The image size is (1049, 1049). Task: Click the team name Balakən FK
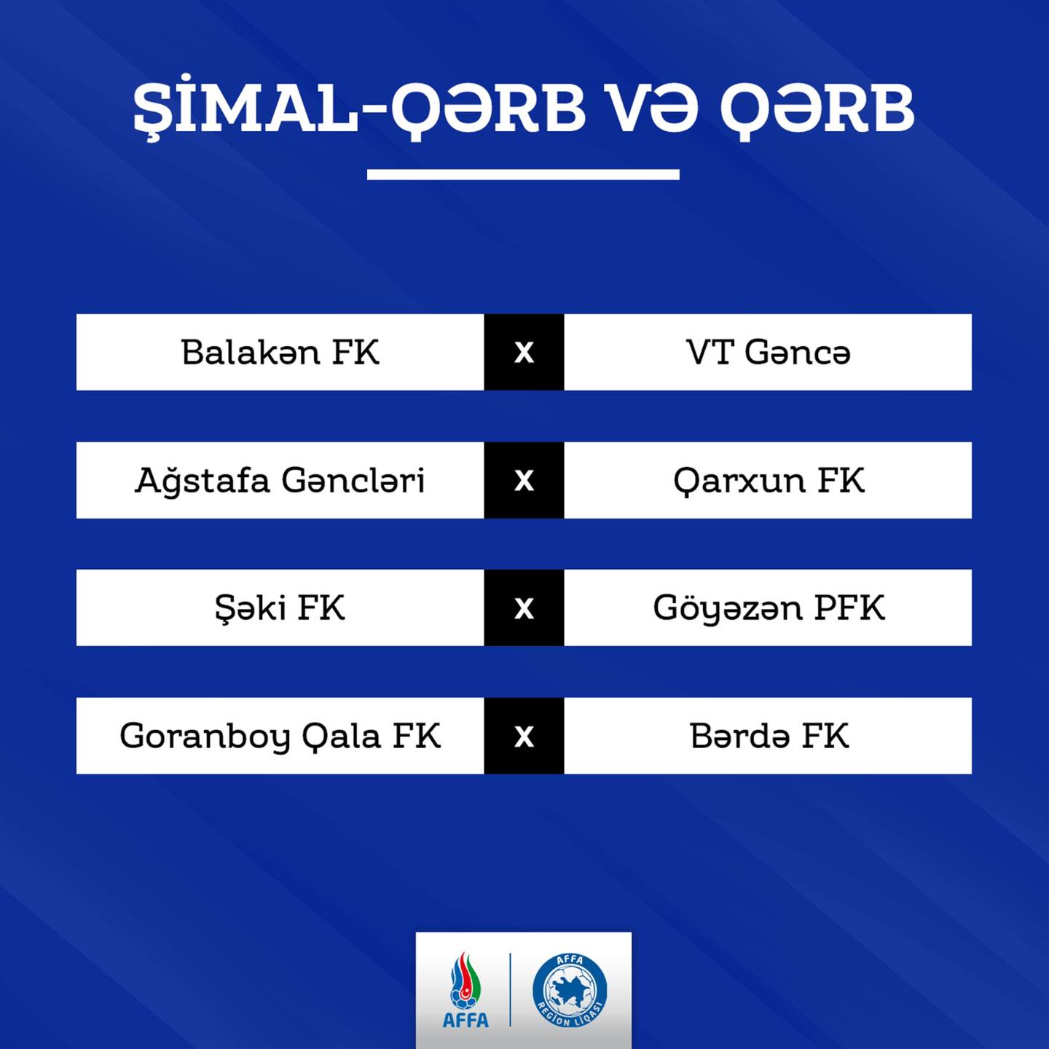[280, 352]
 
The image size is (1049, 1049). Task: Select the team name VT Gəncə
[768, 352]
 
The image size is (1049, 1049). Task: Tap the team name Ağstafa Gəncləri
[280, 480]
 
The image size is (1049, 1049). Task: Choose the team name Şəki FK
[280, 608]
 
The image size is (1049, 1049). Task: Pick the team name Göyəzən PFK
[769, 608]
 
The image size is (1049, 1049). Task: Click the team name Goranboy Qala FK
[280, 736]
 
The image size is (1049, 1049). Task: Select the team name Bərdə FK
[769, 736]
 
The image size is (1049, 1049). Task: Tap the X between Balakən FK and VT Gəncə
[524, 353]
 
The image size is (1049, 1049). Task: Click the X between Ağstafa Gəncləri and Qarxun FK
[524, 481]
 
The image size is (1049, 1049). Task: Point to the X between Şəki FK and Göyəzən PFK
[524, 608]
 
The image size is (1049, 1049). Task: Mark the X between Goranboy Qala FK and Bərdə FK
[524, 736]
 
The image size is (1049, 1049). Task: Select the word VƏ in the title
[653, 107]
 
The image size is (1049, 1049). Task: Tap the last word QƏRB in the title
[817, 109]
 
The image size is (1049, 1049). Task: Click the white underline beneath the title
[523, 174]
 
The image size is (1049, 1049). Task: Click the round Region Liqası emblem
[570, 990]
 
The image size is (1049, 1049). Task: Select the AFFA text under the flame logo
[465, 1020]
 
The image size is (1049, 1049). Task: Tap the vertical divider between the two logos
[510, 990]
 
